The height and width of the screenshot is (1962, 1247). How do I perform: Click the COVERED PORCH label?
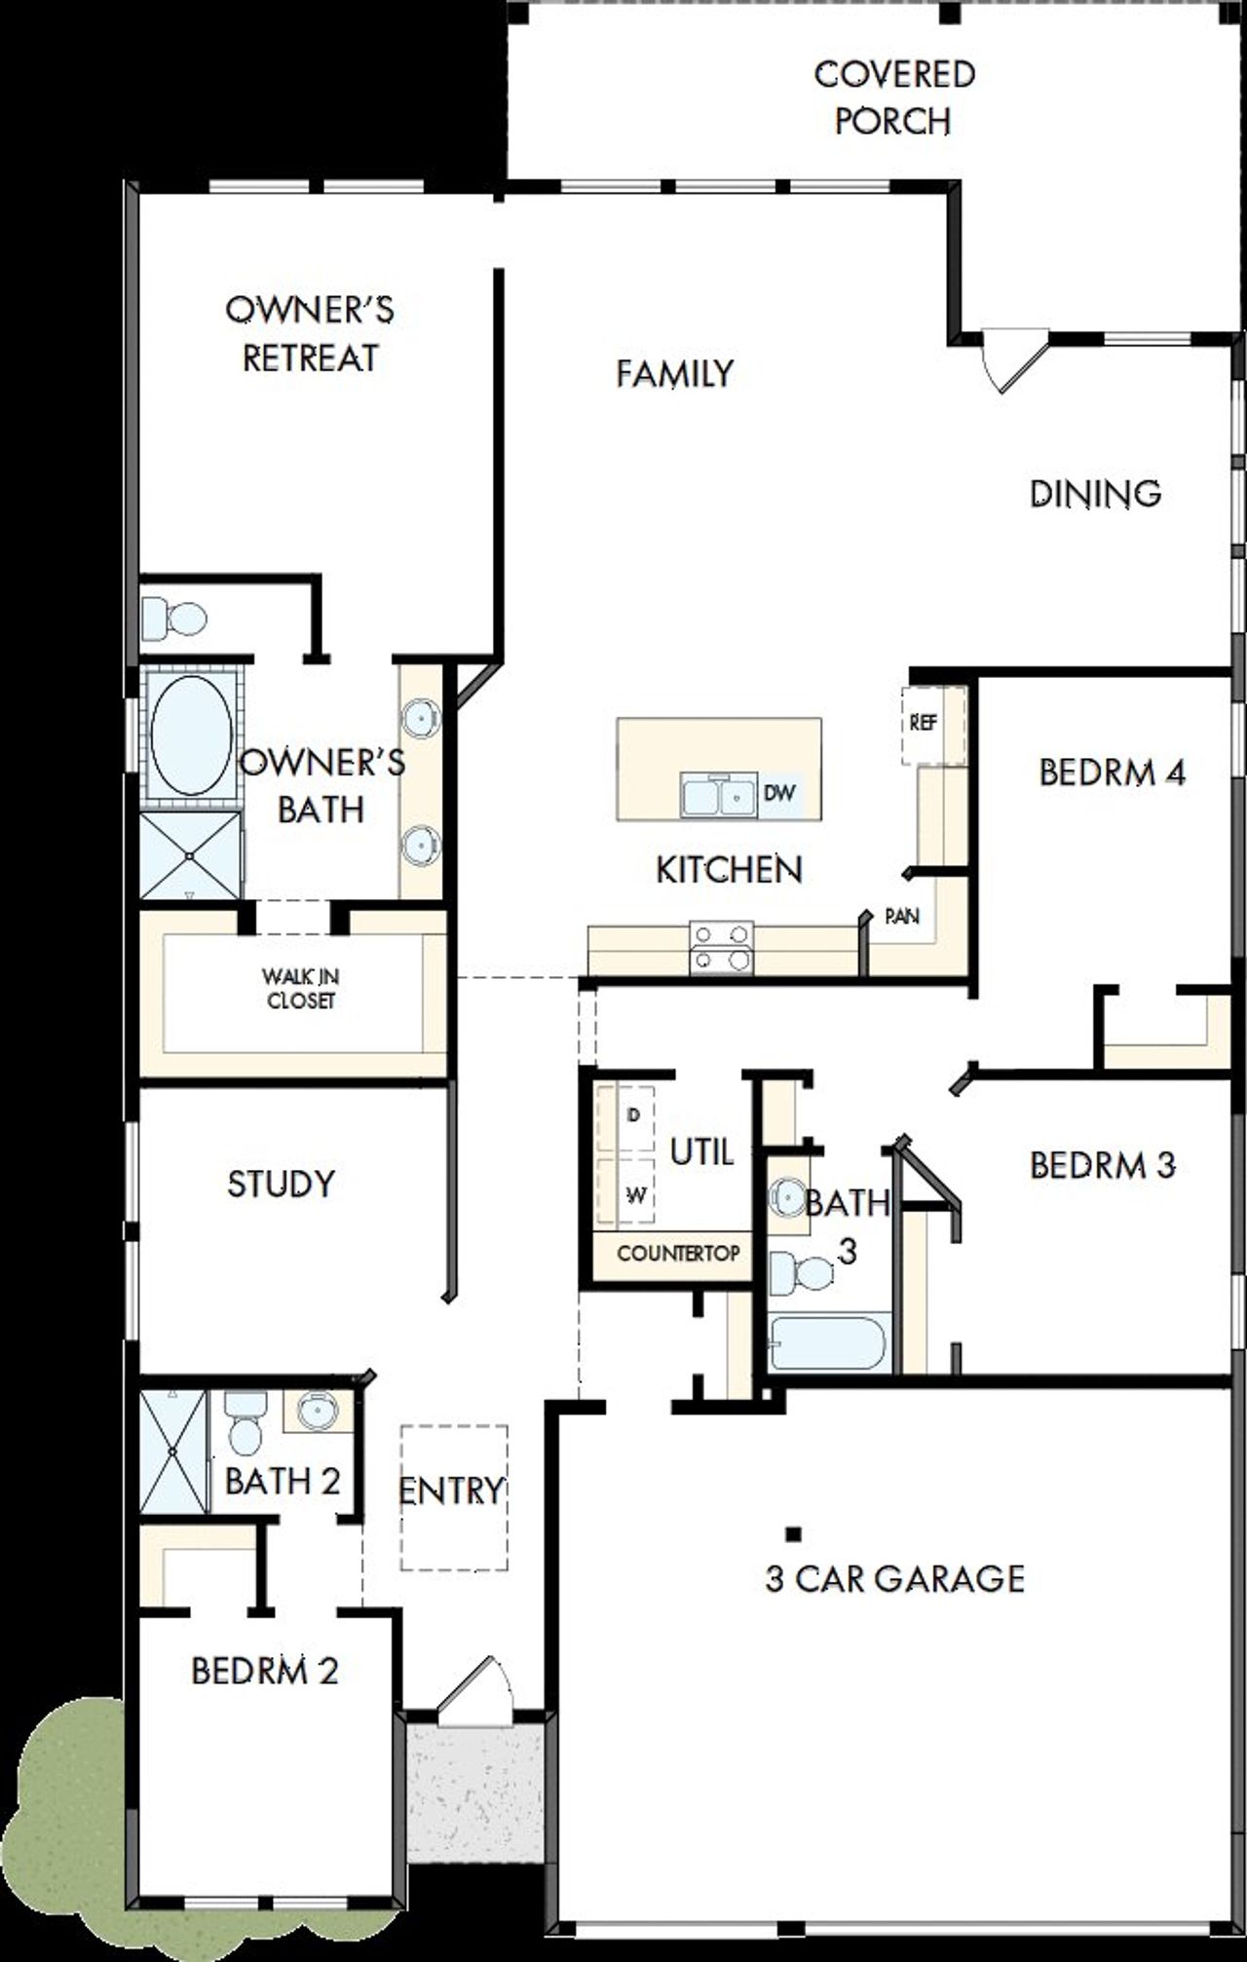point(893,97)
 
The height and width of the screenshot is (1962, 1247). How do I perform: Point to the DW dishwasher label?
point(778,793)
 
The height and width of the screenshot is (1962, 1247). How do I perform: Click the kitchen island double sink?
point(719,795)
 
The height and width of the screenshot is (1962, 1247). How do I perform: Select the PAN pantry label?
point(902,916)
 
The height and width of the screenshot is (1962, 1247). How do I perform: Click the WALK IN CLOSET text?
point(301,988)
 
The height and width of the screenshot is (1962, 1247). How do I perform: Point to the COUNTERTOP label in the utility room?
point(678,1253)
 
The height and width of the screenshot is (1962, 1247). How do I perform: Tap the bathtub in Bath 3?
point(828,1343)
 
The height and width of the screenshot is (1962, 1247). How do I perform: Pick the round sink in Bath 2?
point(317,1410)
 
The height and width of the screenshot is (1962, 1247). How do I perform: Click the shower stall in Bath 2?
point(173,1452)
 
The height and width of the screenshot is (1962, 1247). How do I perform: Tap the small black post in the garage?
point(794,1533)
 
